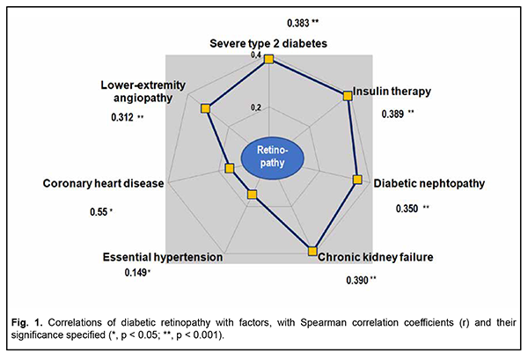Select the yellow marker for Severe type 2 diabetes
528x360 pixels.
click(x=269, y=59)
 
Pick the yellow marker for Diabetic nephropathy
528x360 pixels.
click(x=357, y=180)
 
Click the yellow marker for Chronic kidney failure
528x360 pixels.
click(x=312, y=252)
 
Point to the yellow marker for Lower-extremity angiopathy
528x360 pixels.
click(x=206, y=108)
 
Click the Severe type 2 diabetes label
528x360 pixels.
click(x=270, y=42)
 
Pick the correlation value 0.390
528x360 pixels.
click(x=356, y=279)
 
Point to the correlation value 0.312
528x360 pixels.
click(x=123, y=117)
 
